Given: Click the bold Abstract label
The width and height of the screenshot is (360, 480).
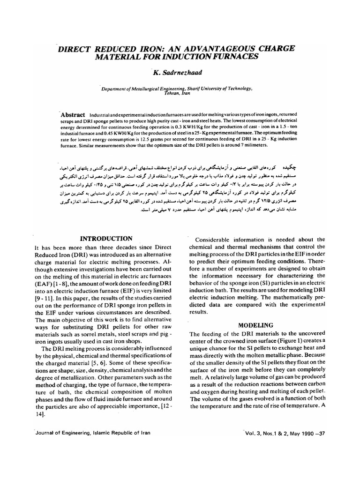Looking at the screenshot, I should point(73,115).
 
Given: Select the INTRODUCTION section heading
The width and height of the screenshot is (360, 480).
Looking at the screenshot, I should point(106,239).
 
